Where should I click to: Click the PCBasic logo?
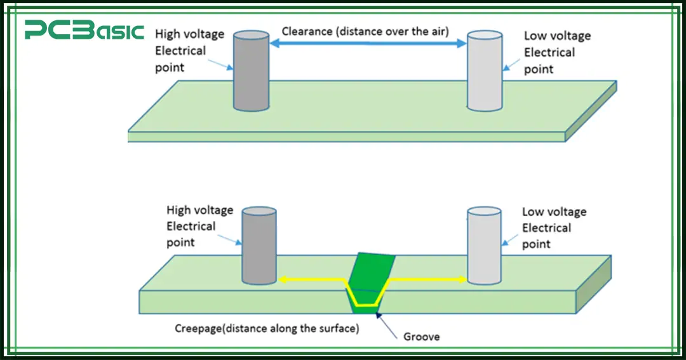84,30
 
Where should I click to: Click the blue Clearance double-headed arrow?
368,44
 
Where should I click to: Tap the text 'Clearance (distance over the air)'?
365,30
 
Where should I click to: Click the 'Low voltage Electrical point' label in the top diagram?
556,53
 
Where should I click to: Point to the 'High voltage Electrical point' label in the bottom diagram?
199,226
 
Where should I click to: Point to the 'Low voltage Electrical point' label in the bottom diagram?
553,228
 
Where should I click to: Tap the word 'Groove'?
421,337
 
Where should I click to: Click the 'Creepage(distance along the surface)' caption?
267,328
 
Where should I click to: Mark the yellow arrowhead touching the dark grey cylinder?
284,279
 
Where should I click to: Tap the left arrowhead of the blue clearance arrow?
275,44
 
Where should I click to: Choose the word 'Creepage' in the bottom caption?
199,328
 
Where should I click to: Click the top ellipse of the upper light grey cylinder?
485,34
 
